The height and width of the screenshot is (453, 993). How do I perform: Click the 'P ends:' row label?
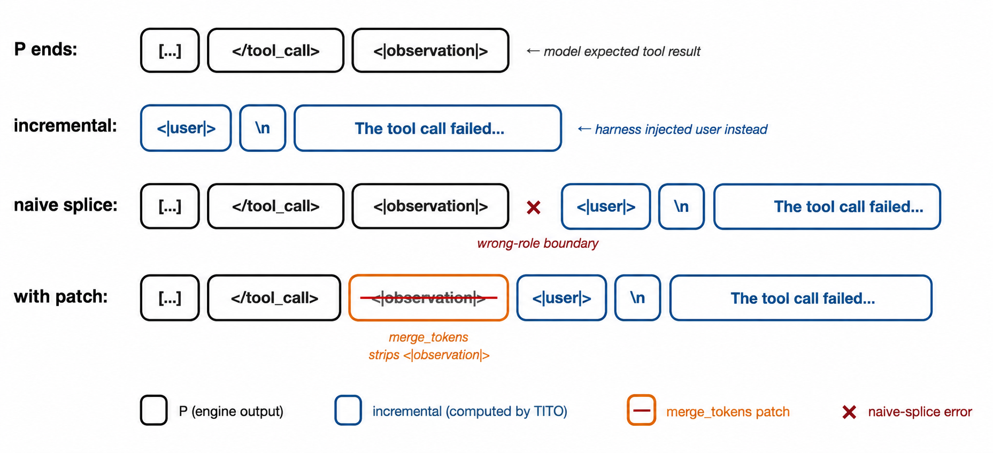[x=45, y=50]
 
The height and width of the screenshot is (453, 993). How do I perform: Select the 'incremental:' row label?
[x=65, y=126]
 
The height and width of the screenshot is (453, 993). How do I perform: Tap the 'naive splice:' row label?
[x=66, y=205]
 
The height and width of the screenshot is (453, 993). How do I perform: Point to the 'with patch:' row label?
[x=60, y=296]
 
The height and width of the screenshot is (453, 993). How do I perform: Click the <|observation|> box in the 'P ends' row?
[x=430, y=50]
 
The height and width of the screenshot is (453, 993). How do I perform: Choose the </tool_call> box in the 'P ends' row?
[x=275, y=50]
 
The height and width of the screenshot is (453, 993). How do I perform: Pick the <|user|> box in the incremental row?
[x=186, y=128]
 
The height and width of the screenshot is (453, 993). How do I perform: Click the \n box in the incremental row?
[x=263, y=128]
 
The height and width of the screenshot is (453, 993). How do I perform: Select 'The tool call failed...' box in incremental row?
[x=428, y=128]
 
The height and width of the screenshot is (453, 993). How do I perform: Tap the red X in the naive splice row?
[x=534, y=207]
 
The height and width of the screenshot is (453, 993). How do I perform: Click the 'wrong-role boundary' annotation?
[x=537, y=244]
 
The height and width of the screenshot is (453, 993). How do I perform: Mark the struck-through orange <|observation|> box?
[x=428, y=298]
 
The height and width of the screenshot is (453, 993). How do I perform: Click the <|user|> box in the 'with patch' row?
[x=561, y=298]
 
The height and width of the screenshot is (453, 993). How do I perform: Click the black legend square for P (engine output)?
[x=154, y=410]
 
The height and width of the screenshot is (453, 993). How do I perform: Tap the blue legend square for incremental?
[x=348, y=410]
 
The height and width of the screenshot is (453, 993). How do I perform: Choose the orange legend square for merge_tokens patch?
[x=641, y=410]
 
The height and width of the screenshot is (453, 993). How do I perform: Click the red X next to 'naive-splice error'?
[x=849, y=412]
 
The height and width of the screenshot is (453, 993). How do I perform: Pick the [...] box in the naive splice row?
[x=170, y=206]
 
